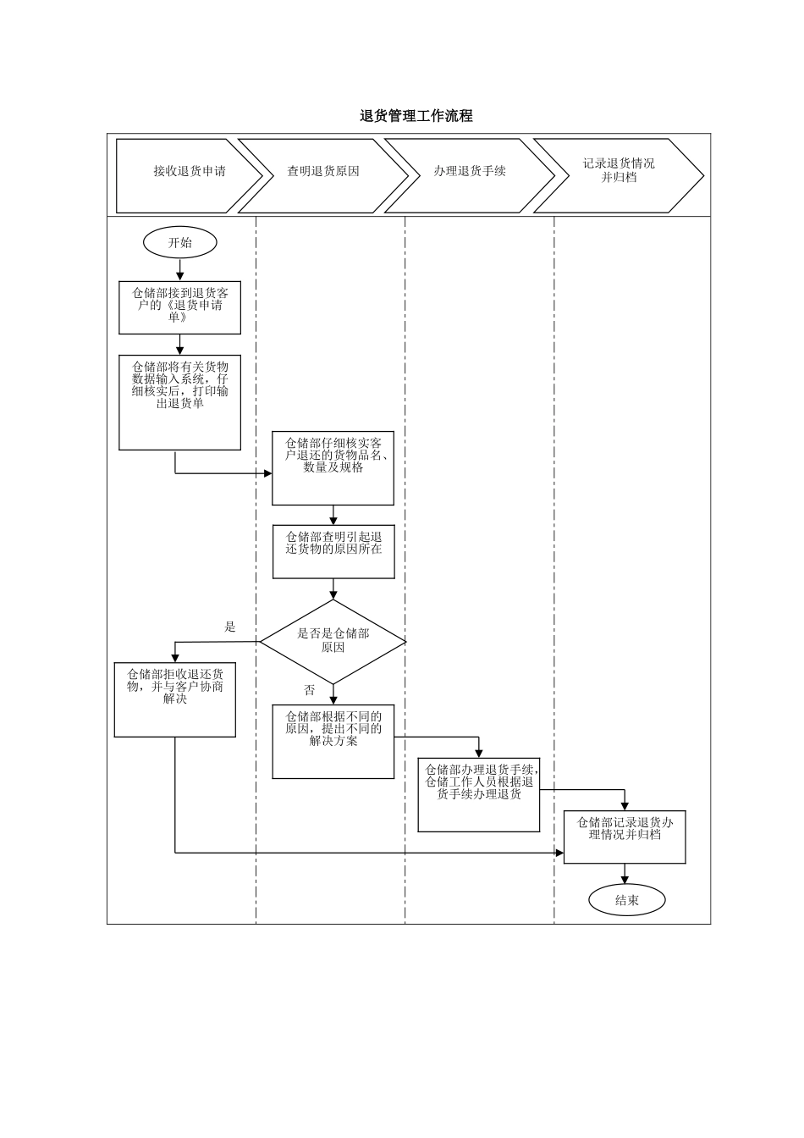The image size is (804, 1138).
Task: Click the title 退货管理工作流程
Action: click(x=416, y=116)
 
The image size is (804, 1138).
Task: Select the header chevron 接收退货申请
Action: click(x=189, y=171)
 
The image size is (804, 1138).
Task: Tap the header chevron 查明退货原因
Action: click(x=322, y=171)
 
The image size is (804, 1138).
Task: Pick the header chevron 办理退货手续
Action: click(x=469, y=171)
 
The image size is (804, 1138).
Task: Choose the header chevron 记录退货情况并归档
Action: click(x=618, y=171)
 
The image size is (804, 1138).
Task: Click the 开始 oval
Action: click(x=179, y=243)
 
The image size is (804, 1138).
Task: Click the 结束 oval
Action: click(x=626, y=900)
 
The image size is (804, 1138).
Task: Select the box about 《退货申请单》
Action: click(x=179, y=307)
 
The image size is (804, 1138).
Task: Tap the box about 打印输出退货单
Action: click(x=179, y=402)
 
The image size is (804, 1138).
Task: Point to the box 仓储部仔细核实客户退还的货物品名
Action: click(x=333, y=467)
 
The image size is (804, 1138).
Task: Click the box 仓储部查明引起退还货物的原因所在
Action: click(x=333, y=551)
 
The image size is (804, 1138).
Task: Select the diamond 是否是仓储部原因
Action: click(x=333, y=641)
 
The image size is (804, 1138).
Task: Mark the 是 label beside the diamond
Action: click(x=230, y=627)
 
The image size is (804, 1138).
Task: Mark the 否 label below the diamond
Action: click(x=310, y=690)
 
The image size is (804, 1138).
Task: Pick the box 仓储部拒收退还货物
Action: click(x=174, y=699)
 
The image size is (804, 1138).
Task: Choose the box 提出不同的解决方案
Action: click(x=333, y=741)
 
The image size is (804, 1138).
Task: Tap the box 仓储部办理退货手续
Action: click(x=479, y=794)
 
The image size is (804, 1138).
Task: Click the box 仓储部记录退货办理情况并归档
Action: click(x=625, y=837)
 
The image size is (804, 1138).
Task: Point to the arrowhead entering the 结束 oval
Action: click(x=625, y=880)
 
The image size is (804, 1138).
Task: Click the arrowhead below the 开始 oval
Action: click(x=179, y=275)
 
